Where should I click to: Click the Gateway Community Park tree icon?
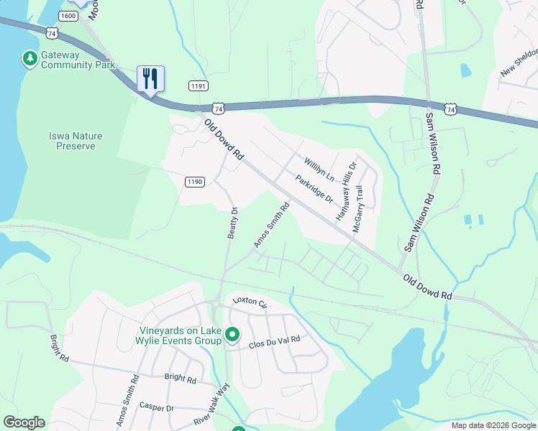29,58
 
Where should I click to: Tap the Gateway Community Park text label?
78,60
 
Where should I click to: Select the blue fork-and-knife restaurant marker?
150,78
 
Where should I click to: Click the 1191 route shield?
199,85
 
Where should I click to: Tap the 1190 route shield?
194,182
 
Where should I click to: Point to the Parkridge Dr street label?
314,188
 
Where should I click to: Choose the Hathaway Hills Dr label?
346,190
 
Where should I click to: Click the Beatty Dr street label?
232,223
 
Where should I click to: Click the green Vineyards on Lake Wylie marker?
232,335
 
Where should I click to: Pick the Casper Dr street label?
157,407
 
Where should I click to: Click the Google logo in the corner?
24,422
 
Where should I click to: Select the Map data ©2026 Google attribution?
493,425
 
